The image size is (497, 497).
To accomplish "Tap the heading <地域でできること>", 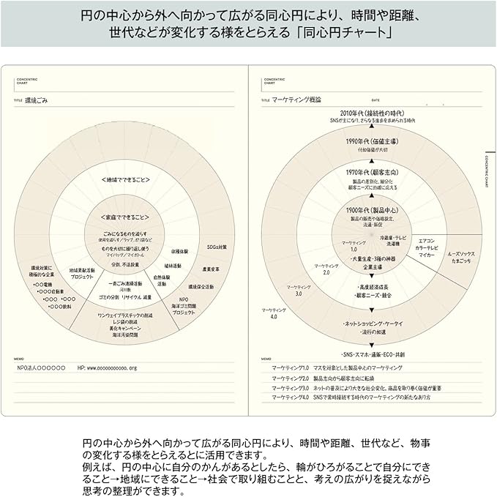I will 125,179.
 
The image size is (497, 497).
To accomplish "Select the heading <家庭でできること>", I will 125,217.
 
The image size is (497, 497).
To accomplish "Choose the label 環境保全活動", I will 201,286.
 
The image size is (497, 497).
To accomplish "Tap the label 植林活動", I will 173,266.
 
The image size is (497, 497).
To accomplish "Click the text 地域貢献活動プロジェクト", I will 82,273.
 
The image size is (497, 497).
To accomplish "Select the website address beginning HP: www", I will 107,367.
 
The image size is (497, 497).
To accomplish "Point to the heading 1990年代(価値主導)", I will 372,141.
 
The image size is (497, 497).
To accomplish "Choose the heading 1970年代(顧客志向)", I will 372,172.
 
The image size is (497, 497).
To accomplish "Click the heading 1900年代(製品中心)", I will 372,210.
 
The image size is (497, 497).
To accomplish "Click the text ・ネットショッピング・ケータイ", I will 373,324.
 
